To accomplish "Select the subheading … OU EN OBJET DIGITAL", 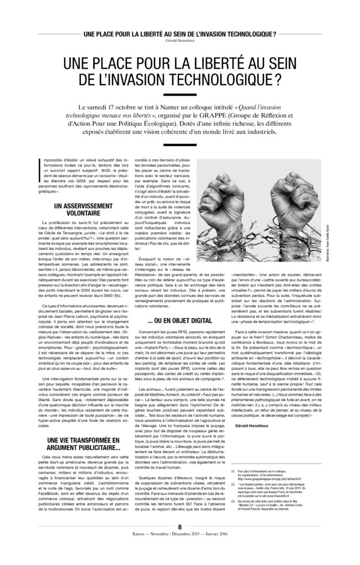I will [x=181, y=319].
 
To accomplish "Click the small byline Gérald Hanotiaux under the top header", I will [x=180, y=40].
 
